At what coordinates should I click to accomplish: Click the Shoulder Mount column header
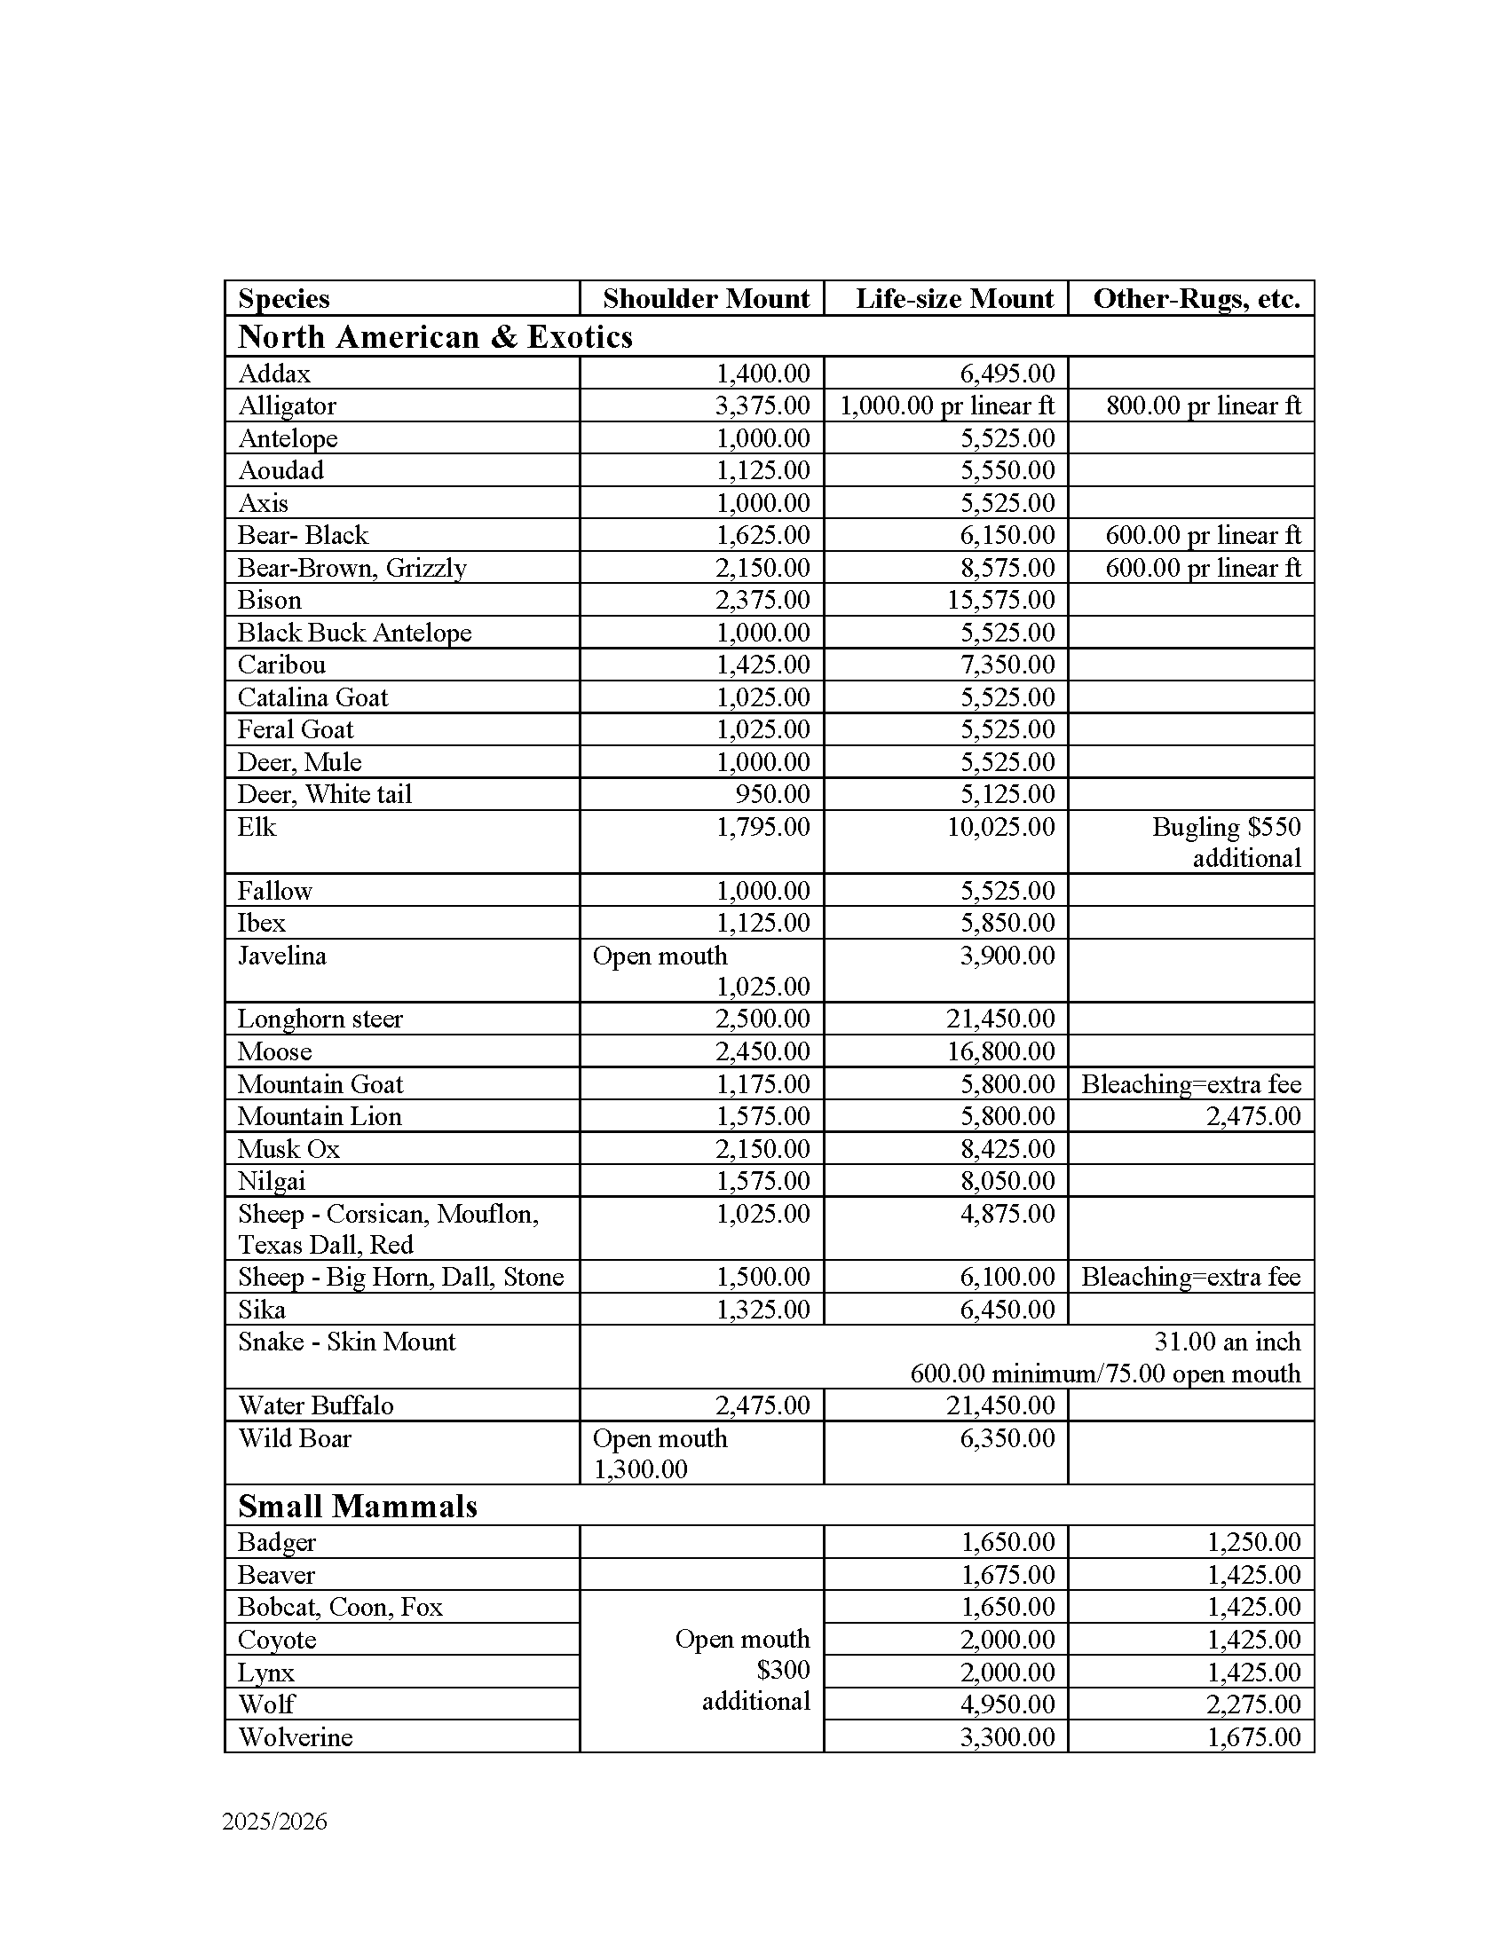click(x=706, y=298)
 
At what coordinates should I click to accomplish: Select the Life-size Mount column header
click(x=954, y=298)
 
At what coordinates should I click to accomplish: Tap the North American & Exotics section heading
click(x=435, y=337)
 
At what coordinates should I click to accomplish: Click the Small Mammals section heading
click(x=358, y=1506)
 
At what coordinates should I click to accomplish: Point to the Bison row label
click(x=269, y=600)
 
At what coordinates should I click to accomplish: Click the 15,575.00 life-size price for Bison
click(x=1001, y=600)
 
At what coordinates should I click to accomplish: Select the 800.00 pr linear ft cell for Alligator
click(x=1204, y=405)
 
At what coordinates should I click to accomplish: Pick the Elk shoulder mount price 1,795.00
click(x=762, y=827)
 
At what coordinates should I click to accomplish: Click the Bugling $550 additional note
click(x=1227, y=842)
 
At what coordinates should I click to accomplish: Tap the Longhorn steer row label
click(x=320, y=1019)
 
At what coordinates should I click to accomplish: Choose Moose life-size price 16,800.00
click(x=1001, y=1051)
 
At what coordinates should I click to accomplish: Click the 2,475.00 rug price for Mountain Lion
click(x=1253, y=1116)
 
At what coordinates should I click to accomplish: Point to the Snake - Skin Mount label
click(x=347, y=1342)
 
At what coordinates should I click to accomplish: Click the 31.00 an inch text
click(x=1227, y=1342)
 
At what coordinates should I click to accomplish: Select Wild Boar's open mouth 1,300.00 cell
click(x=660, y=1453)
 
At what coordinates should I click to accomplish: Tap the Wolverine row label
click(x=295, y=1736)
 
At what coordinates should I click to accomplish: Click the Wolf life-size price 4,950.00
click(x=1007, y=1704)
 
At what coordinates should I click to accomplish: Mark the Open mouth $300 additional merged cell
click(x=743, y=1670)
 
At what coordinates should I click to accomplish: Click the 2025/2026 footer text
click(x=274, y=1822)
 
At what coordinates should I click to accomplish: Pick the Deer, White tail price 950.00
click(x=775, y=795)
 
